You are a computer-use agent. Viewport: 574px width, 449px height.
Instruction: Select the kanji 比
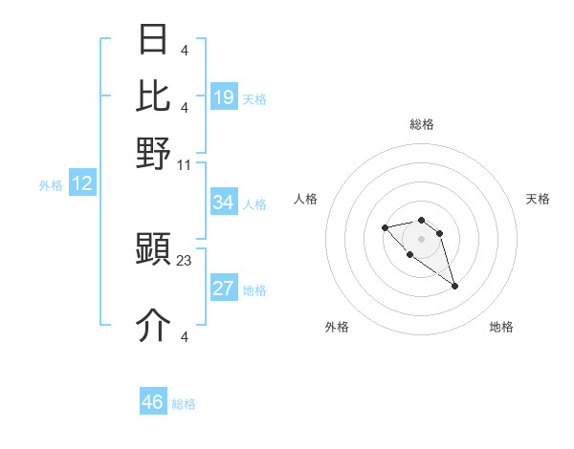[x=154, y=96]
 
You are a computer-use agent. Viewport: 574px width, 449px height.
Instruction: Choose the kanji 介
[x=154, y=326]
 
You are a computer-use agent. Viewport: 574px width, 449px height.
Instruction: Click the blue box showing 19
[x=224, y=97]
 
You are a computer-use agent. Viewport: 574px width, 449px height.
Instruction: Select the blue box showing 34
[x=224, y=203]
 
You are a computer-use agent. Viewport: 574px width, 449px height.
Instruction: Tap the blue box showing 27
[x=224, y=289]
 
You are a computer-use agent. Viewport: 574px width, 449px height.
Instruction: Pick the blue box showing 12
[x=82, y=183]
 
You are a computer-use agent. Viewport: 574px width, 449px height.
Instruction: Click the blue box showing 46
[x=153, y=402]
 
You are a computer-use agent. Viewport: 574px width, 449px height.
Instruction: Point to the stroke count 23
[x=185, y=259]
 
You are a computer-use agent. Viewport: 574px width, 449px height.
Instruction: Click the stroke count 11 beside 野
[x=185, y=164]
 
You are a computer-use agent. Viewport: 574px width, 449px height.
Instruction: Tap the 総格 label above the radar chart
[x=422, y=124]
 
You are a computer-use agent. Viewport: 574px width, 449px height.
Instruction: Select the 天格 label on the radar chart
[x=538, y=199]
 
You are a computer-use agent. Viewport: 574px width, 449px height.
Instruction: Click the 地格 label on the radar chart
[x=501, y=327]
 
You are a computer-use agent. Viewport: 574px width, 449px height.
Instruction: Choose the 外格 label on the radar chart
[x=337, y=327]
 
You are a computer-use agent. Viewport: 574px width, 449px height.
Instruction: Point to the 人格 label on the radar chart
[x=306, y=199]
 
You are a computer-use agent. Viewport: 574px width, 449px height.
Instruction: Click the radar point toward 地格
[x=455, y=286]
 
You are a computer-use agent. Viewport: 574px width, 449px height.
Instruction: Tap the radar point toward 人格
[x=385, y=227]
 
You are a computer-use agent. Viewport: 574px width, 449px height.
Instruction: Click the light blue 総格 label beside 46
[x=185, y=404]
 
